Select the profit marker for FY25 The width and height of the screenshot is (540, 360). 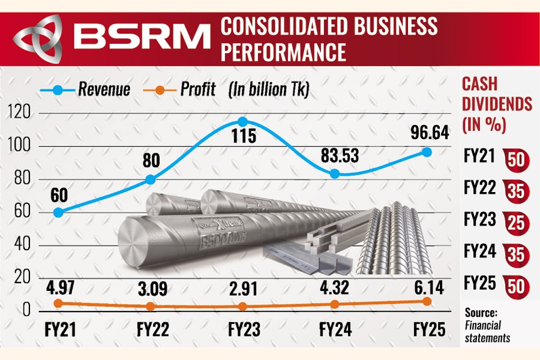point(427,301)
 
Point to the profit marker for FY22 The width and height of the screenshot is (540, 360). point(151,306)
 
